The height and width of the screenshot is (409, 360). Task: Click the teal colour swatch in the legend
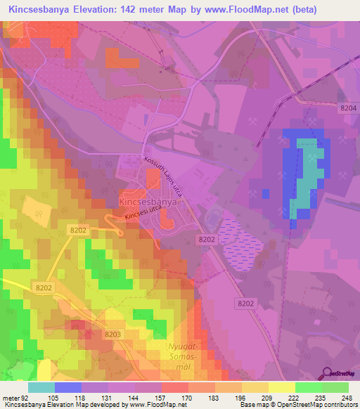[41, 387]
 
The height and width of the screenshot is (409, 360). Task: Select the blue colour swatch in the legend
[67, 387]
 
